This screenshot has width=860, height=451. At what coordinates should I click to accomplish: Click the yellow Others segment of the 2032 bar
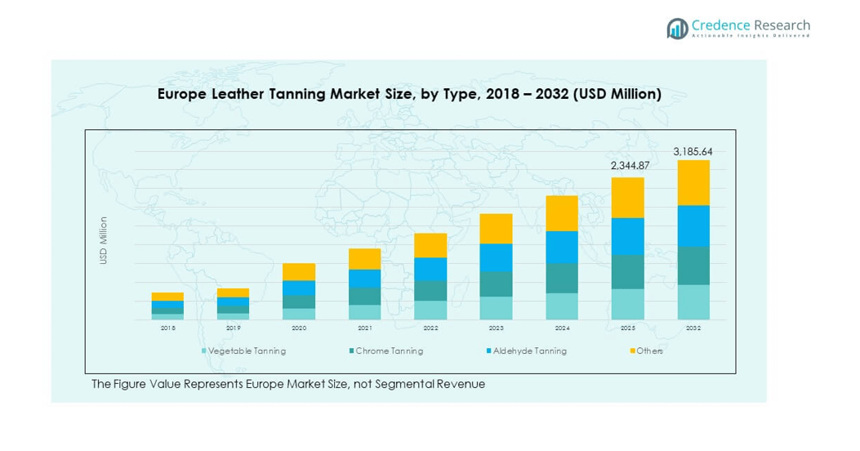coord(693,182)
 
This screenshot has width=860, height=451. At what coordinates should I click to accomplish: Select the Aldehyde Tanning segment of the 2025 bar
coord(627,236)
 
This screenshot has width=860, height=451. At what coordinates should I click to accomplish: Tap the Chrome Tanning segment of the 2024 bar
coord(562,278)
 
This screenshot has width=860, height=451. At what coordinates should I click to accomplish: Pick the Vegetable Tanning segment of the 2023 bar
coord(496,307)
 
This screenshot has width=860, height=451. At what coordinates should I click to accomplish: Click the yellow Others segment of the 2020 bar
coord(299,271)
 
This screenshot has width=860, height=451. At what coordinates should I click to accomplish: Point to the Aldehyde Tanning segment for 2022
coord(430,269)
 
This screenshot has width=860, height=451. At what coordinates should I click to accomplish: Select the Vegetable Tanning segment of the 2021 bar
coord(364,311)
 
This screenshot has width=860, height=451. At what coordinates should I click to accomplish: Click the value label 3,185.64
coord(693,152)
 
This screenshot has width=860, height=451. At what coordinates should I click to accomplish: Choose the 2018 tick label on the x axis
coord(167,328)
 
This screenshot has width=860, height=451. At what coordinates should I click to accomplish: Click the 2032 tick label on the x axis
coord(693,328)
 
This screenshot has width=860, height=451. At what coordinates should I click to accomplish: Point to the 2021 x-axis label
coord(364,328)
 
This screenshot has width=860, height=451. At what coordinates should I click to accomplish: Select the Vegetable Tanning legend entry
coord(247,351)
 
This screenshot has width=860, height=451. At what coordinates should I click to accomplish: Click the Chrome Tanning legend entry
coord(389,351)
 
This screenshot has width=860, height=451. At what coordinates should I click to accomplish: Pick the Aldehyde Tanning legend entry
coord(529,351)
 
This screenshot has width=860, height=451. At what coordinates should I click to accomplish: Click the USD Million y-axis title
coord(104,240)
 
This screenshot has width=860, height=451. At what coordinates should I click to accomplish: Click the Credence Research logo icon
coord(677,29)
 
